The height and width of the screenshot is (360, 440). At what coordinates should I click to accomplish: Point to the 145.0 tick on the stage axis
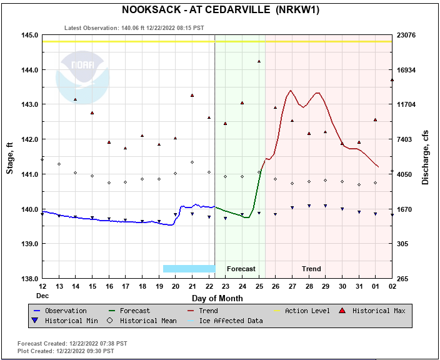point(30,35)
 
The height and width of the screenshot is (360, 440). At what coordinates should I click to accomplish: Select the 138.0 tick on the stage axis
point(30,279)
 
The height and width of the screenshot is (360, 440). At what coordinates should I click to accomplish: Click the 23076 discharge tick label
point(410,35)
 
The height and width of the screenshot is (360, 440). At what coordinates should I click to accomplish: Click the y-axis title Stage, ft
point(10,158)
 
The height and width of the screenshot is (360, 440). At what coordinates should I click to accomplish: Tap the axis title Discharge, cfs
point(425,157)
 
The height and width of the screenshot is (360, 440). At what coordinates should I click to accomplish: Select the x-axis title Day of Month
point(217,298)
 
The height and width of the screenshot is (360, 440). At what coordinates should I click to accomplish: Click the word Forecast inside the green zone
point(241,269)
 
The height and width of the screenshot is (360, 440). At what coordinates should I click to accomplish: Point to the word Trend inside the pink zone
point(311,269)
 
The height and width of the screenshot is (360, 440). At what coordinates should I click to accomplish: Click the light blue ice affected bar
point(189,269)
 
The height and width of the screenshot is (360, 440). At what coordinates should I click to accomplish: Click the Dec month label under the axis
point(42,295)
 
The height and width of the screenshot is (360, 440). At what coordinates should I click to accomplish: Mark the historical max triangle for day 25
point(259,61)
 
